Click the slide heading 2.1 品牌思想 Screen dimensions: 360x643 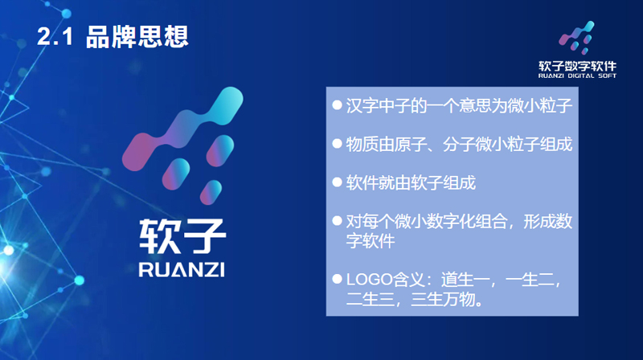[113, 37]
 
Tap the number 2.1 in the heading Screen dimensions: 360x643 [55, 37]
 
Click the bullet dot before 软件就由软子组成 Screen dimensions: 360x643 [337, 183]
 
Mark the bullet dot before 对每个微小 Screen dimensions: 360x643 [337, 220]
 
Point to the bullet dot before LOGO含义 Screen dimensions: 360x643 [337, 281]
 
